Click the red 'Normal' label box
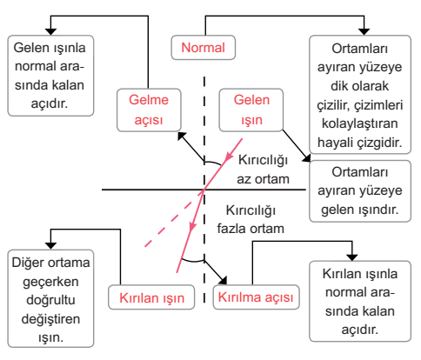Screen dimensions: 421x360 click(204, 48)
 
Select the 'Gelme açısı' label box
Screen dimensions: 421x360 click(149, 110)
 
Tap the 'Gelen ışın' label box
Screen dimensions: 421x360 click(251, 110)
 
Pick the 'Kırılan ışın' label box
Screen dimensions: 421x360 click(151, 297)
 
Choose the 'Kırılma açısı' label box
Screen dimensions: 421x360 click(256, 297)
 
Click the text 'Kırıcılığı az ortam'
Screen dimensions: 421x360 click(263, 170)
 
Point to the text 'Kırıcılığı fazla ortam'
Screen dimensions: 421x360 click(251, 219)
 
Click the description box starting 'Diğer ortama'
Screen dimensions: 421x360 click(50, 298)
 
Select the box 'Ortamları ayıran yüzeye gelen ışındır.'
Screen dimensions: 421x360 click(360, 191)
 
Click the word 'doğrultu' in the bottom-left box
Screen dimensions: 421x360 click(50, 300)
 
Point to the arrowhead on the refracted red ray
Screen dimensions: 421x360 click(192, 227)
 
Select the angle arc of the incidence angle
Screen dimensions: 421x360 click(213, 163)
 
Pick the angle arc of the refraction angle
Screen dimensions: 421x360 click(193, 261)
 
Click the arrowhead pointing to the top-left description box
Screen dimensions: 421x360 click(50, 31)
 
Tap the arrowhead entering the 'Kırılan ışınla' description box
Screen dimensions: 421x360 click(352, 257)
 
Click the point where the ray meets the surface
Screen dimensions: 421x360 click(204, 190)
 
